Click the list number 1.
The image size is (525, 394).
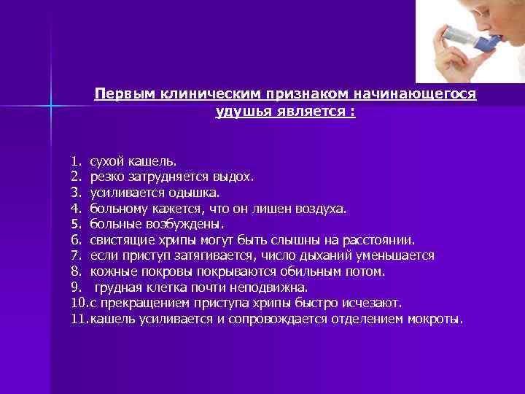coord(75,160)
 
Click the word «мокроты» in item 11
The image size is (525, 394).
coord(437,320)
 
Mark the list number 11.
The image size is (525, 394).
coord(77,320)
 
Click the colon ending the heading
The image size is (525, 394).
coord(353,112)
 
